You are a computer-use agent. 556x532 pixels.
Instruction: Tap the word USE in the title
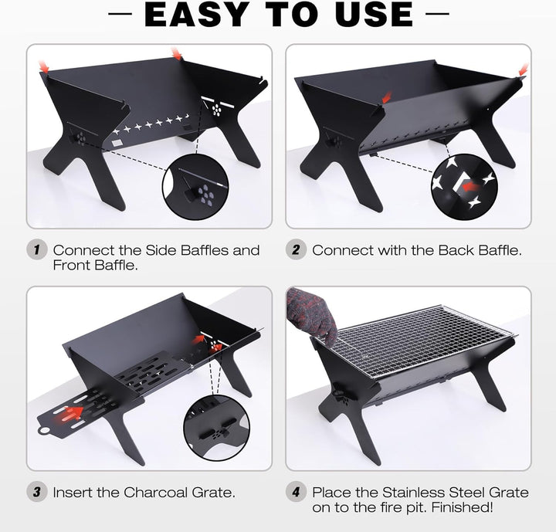(x=374, y=14)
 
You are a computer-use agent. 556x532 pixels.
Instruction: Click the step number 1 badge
(x=36, y=249)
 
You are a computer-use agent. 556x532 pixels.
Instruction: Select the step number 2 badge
(x=296, y=249)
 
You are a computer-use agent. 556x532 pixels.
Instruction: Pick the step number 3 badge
(x=36, y=492)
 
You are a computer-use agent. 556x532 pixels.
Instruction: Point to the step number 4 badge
(x=296, y=492)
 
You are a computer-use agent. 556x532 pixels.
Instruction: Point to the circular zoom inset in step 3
(x=217, y=428)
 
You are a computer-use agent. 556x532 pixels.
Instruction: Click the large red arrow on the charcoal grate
(x=69, y=415)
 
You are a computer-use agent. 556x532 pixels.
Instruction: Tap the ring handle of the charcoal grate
(x=44, y=431)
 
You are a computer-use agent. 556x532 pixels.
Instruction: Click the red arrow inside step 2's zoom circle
(x=471, y=185)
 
